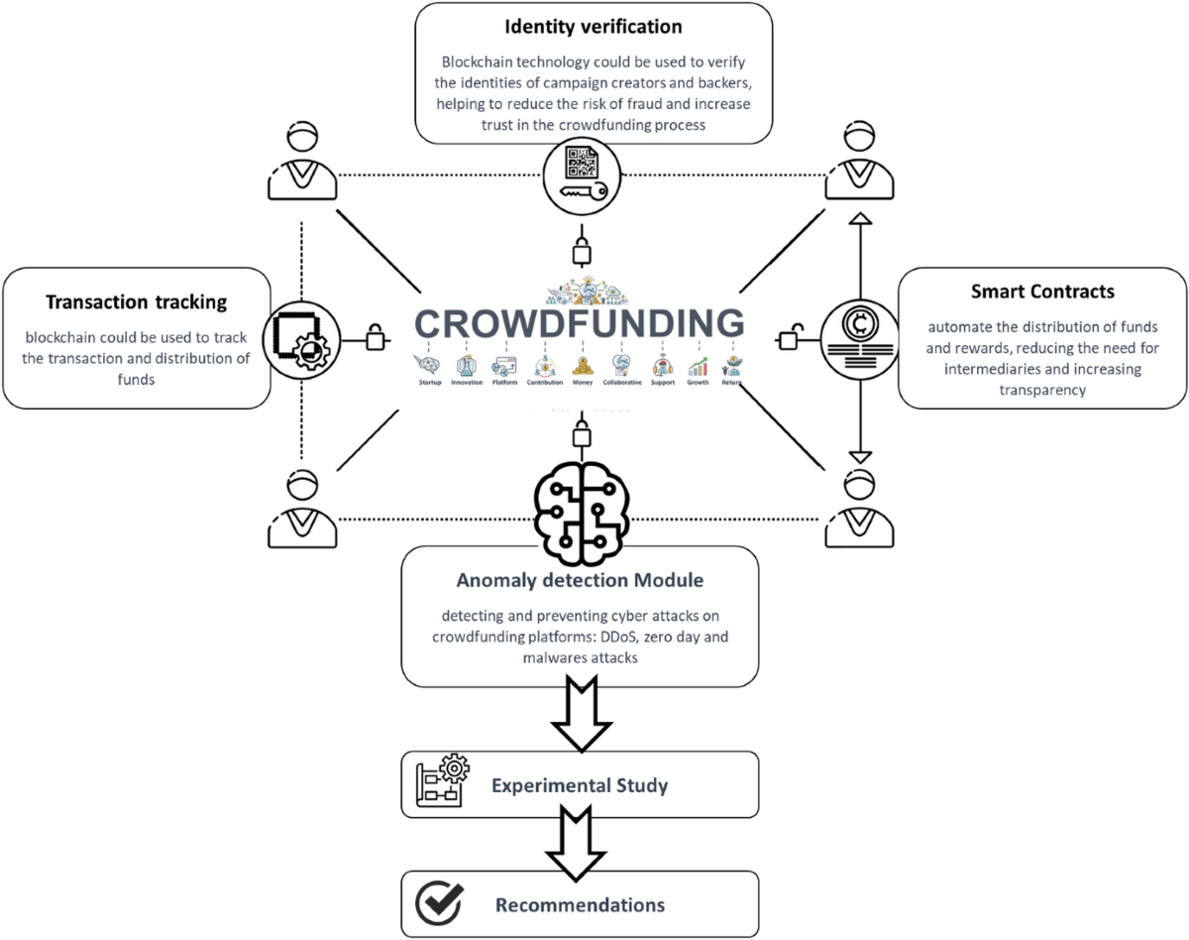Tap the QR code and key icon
pyautogui.click(x=580, y=176)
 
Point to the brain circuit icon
pyautogui.click(x=580, y=505)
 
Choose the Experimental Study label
pyautogui.click(x=580, y=786)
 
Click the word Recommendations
pyautogui.click(x=580, y=904)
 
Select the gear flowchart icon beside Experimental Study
pyautogui.click(x=440, y=783)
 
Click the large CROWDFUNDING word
pyautogui.click(x=579, y=323)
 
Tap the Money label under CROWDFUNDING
pyautogui.click(x=582, y=382)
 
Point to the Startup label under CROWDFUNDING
pyautogui.click(x=431, y=382)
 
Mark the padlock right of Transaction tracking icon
pyautogui.click(x=376, y=337)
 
